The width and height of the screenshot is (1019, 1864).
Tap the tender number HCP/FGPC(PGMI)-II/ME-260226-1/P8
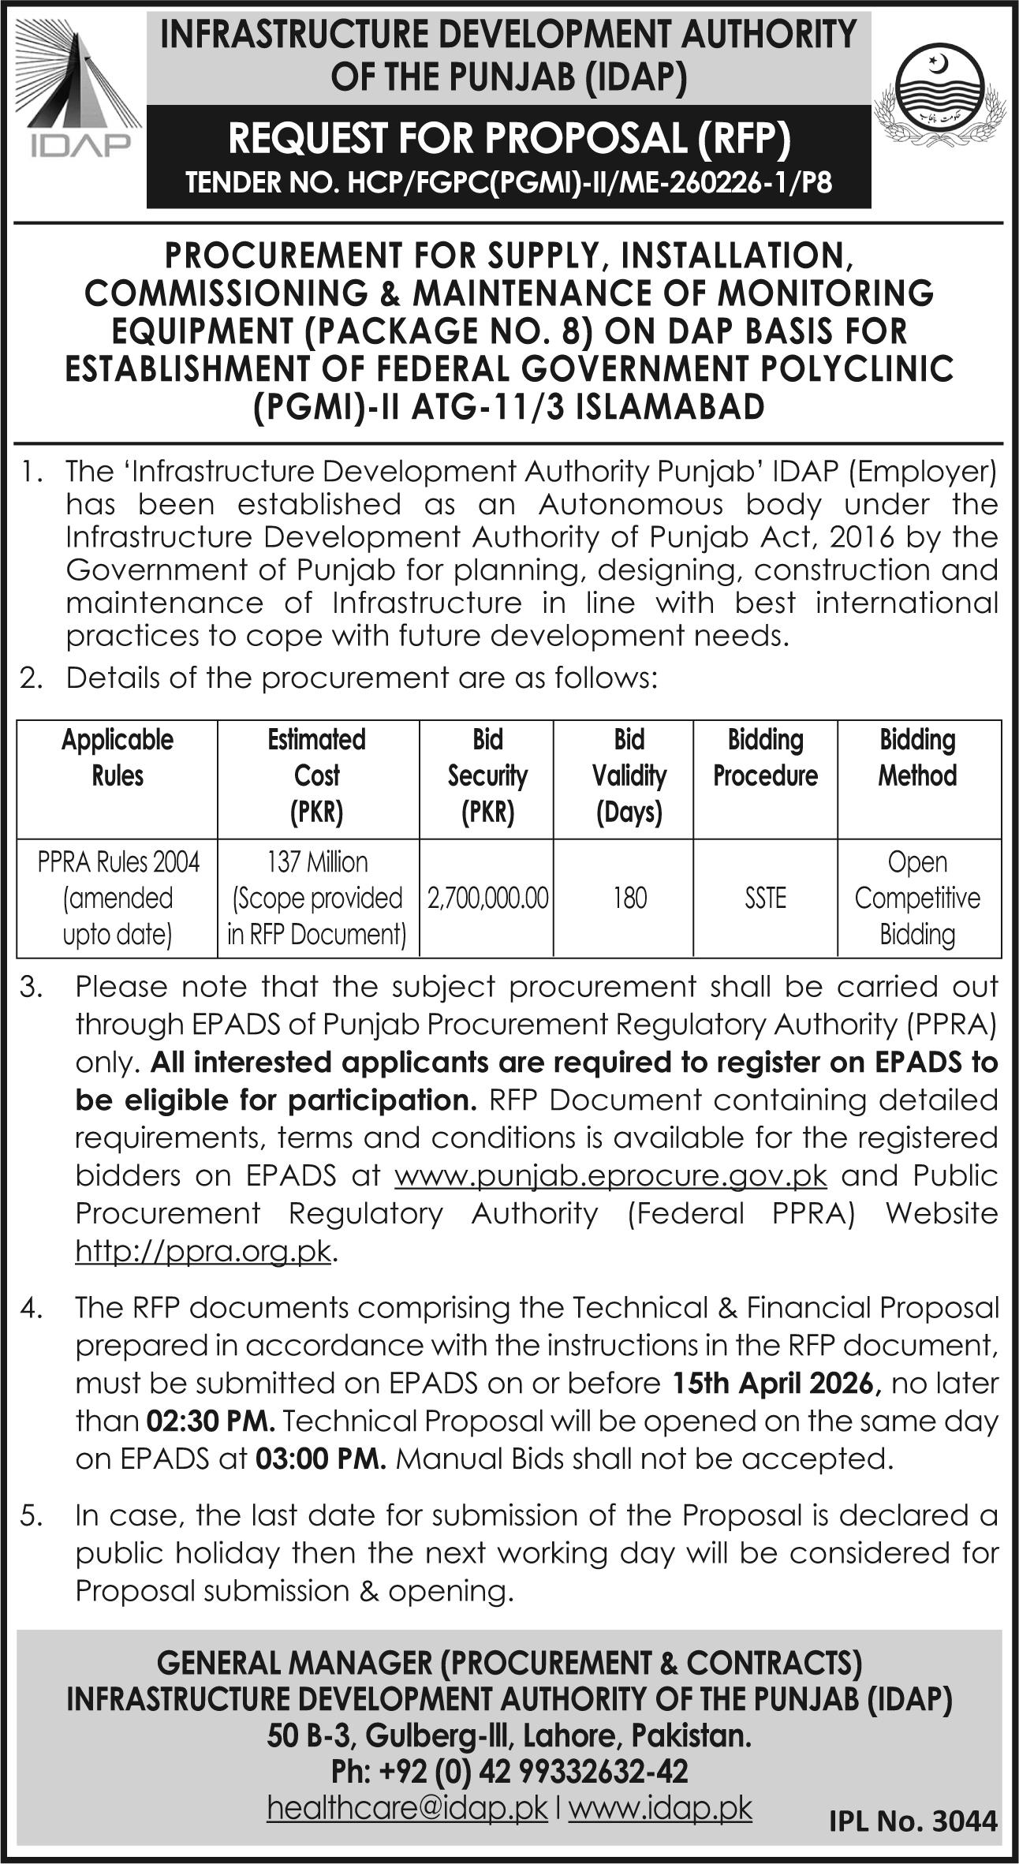pyautogui.click(x=509, y=184)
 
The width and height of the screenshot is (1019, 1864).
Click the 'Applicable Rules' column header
pyautogui.click(x=118, y=757)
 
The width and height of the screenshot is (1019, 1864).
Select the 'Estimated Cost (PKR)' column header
pyautogui.click(x=317, y=775)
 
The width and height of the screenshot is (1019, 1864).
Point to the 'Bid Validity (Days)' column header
pyautogui.click(x=629, y=775)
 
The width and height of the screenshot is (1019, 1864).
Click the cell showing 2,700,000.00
pyautogui.click(x=487, y=898)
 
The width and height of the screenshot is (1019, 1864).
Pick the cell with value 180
pyautogui.click(x=629, y=898)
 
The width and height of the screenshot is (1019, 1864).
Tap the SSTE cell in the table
pyautogui.click(x=765, y=898)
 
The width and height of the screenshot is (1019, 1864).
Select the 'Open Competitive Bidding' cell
pyautogui.click(x=917, y=898)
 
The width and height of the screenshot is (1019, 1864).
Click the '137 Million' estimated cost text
pyautogui.click(x=317, y=862)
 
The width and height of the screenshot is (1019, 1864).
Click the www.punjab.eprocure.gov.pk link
pyautogui.click(x=610, y=1175)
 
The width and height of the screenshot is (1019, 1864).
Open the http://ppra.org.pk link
pyautogui.click(x=203, y=1251)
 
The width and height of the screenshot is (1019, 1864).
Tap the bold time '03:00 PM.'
pyautogui.click(x=319, y=1459)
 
